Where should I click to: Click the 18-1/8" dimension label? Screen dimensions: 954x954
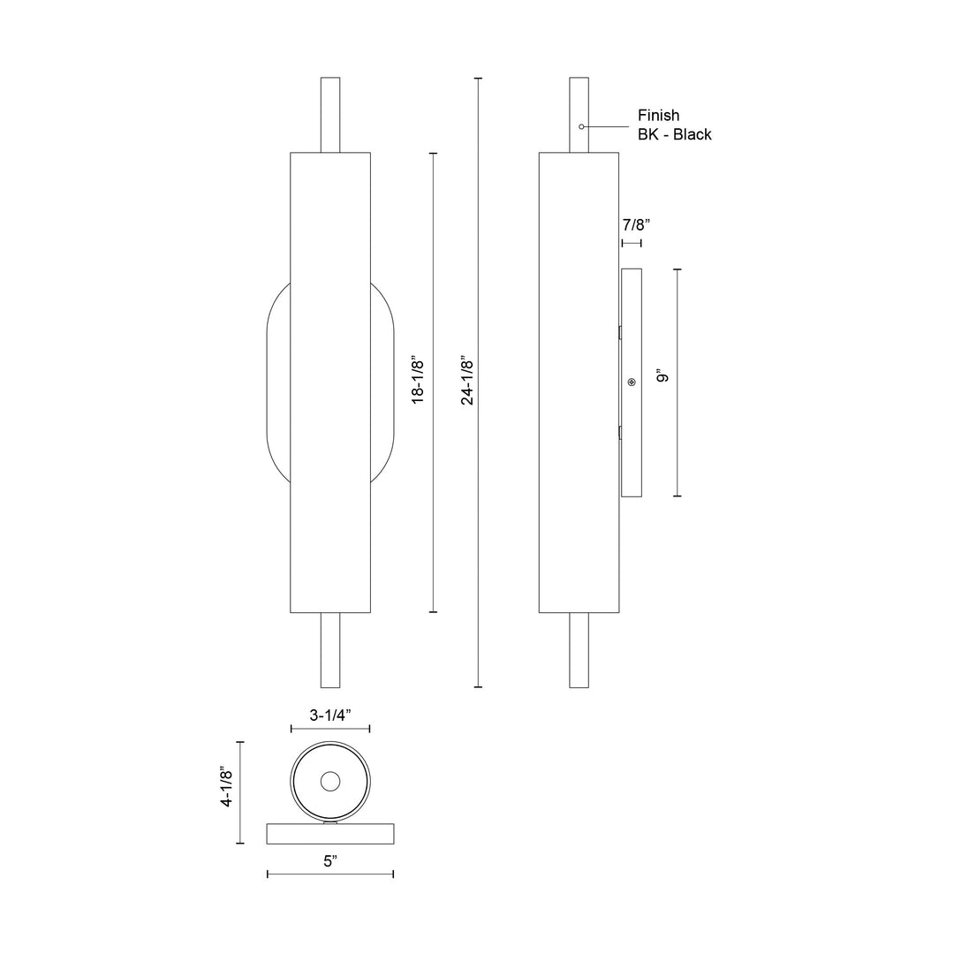(419, 382)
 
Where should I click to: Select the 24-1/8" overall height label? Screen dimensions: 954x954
(467, 382)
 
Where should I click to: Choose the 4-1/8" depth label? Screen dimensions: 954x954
(227, 787)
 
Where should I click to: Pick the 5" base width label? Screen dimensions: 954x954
(330, 861)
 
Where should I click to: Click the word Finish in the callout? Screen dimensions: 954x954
(658, 116)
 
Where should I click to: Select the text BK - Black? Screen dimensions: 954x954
(674, 135)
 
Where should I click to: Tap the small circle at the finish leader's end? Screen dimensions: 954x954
(581, 127)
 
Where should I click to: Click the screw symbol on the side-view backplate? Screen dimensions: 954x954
(631, 382)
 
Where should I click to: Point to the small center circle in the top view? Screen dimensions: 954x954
(330, 781)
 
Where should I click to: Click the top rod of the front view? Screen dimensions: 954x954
(330, 115)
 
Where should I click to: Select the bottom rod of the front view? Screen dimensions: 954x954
(330, 650)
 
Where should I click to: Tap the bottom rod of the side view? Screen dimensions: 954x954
(579, 650)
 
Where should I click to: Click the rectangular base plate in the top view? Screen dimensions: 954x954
(330, 833)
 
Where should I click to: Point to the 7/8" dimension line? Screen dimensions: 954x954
(632, 242)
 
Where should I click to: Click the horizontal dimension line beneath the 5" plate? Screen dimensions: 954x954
(330, 874)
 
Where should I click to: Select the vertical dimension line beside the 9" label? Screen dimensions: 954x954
(678, 382)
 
